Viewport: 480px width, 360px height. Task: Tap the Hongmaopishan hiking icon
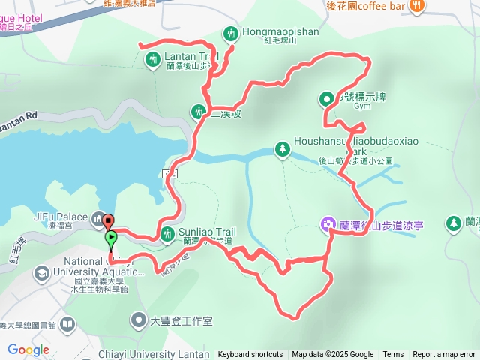(230, 33)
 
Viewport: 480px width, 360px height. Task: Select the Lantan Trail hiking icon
(153, 58)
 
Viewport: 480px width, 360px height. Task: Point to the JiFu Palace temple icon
(98, 220)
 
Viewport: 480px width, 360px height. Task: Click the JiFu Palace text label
(61, 217)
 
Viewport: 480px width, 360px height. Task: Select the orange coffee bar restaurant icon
(418, 6)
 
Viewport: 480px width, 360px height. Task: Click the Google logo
(28, 349)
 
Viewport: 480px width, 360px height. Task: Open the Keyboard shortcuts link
(250, 355)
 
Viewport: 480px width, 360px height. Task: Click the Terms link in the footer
(393, 355)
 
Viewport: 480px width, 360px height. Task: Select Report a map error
(444, 355)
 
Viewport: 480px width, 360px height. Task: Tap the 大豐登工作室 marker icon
(139, 321)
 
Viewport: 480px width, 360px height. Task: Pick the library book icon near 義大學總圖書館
(67, 325)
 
